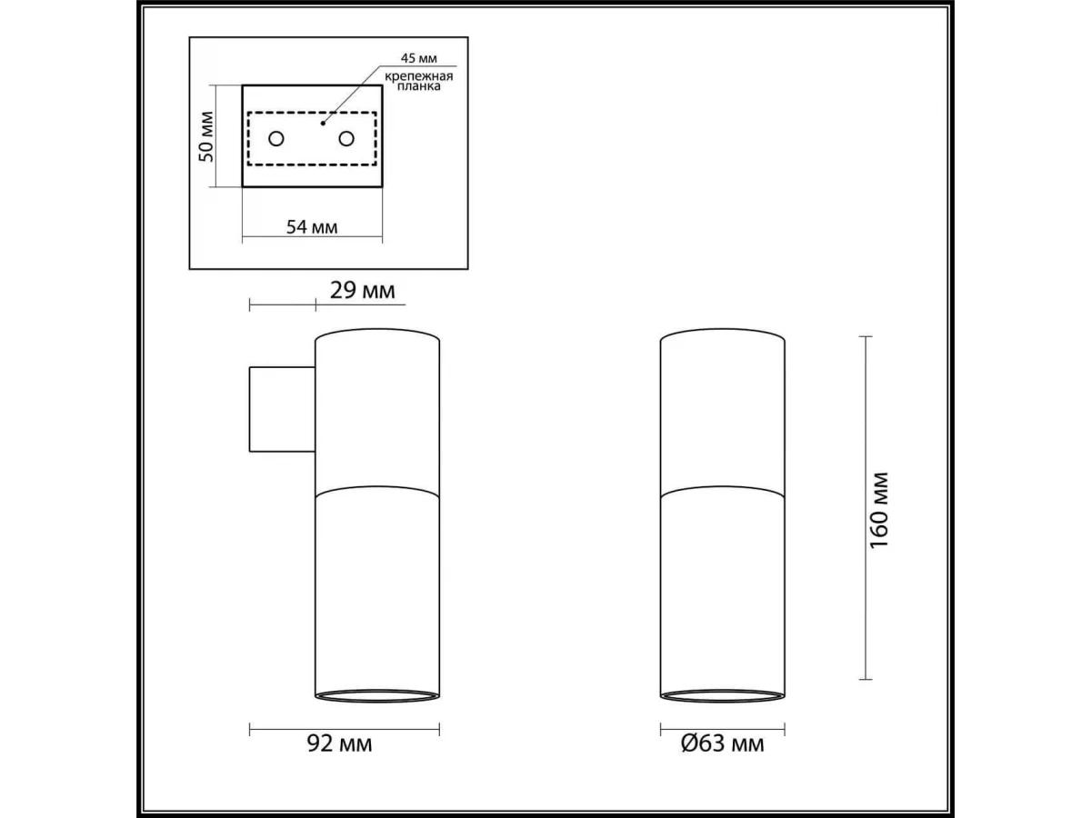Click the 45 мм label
pos(418,58)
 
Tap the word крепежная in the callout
pos(419,76)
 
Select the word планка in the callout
pos(419,86)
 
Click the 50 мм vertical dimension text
pos(205,136)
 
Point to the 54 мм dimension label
pos(312,227)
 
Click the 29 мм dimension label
pos(363,290)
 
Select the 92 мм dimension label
pos(339,743)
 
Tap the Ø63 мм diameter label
pos(722,743)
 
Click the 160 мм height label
pos(879,510)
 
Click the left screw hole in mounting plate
pos(276,138)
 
